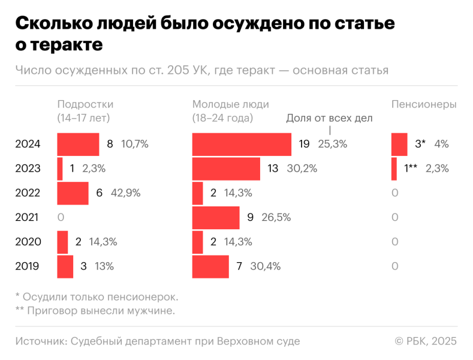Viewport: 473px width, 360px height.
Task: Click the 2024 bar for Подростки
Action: (78, 144)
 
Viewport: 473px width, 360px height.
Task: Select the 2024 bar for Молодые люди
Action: (242, 144)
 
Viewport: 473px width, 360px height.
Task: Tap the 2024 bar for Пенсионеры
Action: (399, 144)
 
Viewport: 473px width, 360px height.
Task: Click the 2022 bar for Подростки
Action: (73, 193)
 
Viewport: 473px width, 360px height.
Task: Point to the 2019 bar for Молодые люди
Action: (210, 266)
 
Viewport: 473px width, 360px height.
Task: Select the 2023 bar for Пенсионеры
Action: (394, 169)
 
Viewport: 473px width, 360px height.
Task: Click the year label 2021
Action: (28, 217)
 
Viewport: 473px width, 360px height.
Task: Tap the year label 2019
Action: (28, 266)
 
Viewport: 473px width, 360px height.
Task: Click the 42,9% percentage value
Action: (127, 193)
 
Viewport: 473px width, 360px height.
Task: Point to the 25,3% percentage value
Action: (332, 144)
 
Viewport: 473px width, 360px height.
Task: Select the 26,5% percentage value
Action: (276, 217)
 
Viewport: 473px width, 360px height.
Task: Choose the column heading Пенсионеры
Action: (424, 104)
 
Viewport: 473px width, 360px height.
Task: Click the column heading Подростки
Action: (85, 104)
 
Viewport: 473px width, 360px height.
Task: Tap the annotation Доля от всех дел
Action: (329, 118)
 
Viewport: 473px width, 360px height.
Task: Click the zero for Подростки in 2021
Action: (61, 217)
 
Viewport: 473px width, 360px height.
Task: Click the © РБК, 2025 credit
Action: (426, 341)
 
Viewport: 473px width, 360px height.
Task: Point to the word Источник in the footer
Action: (40, 341)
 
